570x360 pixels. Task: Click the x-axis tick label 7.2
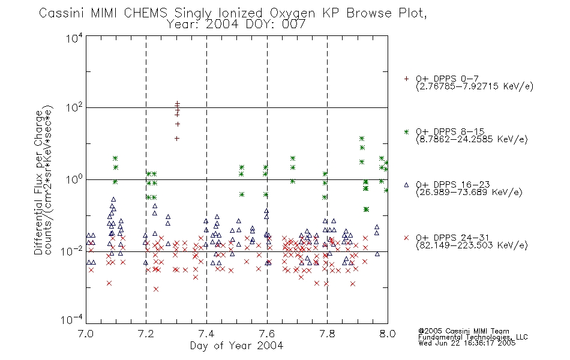click(146, 334)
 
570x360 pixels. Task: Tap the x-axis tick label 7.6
click(267, 334)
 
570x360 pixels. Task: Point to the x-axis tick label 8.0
click(388, 334)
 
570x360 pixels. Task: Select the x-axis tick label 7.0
click(86, 334)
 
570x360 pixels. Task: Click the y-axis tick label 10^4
click(74, 38)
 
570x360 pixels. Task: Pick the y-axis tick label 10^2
click(74, 107)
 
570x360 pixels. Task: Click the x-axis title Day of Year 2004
click(236, 346)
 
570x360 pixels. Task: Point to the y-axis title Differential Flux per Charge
click(38, 182)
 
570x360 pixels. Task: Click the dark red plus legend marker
click(406, 79)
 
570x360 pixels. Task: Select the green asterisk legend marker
click(406, 131)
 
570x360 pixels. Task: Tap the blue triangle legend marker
click(406, 185)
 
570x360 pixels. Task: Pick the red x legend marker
click(406, 238)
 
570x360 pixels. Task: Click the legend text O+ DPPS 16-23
click(453, 185)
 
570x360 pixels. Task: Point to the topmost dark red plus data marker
click(178, 103)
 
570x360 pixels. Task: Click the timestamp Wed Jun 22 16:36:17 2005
click(467, 343)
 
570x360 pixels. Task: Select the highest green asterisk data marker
click(362, 139)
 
